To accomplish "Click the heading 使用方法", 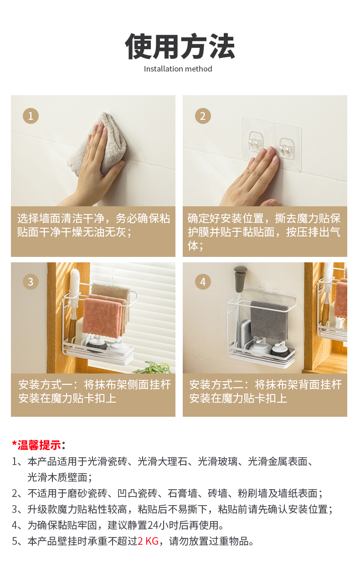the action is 180,46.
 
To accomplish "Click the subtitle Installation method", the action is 178,69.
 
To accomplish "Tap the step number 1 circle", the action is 31,116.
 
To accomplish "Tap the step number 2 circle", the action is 203,116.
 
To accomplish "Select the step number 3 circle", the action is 31,281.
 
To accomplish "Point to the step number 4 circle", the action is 203,281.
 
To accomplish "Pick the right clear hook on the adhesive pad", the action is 287,147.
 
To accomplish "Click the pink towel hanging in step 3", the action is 103,317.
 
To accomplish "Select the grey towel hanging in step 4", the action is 269,320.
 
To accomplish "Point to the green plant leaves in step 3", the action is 154,368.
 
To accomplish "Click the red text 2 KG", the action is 148,541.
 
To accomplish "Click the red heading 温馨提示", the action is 39,445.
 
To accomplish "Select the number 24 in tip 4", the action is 153,525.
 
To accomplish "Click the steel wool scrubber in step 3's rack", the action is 96,346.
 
